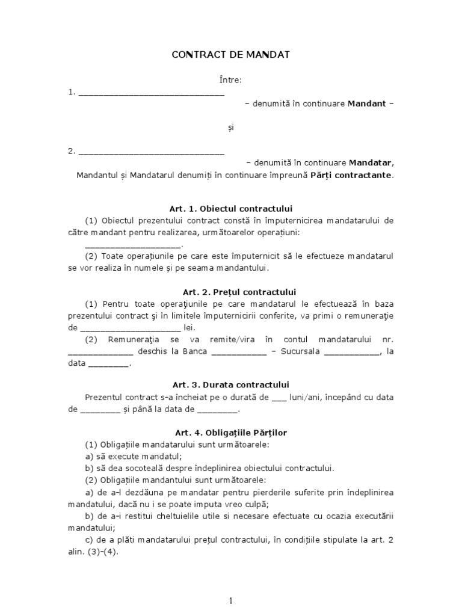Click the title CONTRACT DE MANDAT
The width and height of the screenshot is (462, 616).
231,55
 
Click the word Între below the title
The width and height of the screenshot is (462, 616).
231,80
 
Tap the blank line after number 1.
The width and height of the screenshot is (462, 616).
151,94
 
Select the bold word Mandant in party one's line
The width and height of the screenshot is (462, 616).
368,103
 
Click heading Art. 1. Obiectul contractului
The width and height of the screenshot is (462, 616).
231,208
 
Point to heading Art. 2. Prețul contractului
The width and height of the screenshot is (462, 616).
231,292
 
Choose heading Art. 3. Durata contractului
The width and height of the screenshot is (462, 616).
231,384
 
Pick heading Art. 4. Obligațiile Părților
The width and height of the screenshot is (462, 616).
231,433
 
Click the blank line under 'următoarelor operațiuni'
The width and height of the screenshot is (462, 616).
132,245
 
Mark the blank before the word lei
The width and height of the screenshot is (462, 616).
130,328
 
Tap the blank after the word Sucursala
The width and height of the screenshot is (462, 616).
352,353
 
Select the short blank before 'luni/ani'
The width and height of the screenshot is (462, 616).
280,399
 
